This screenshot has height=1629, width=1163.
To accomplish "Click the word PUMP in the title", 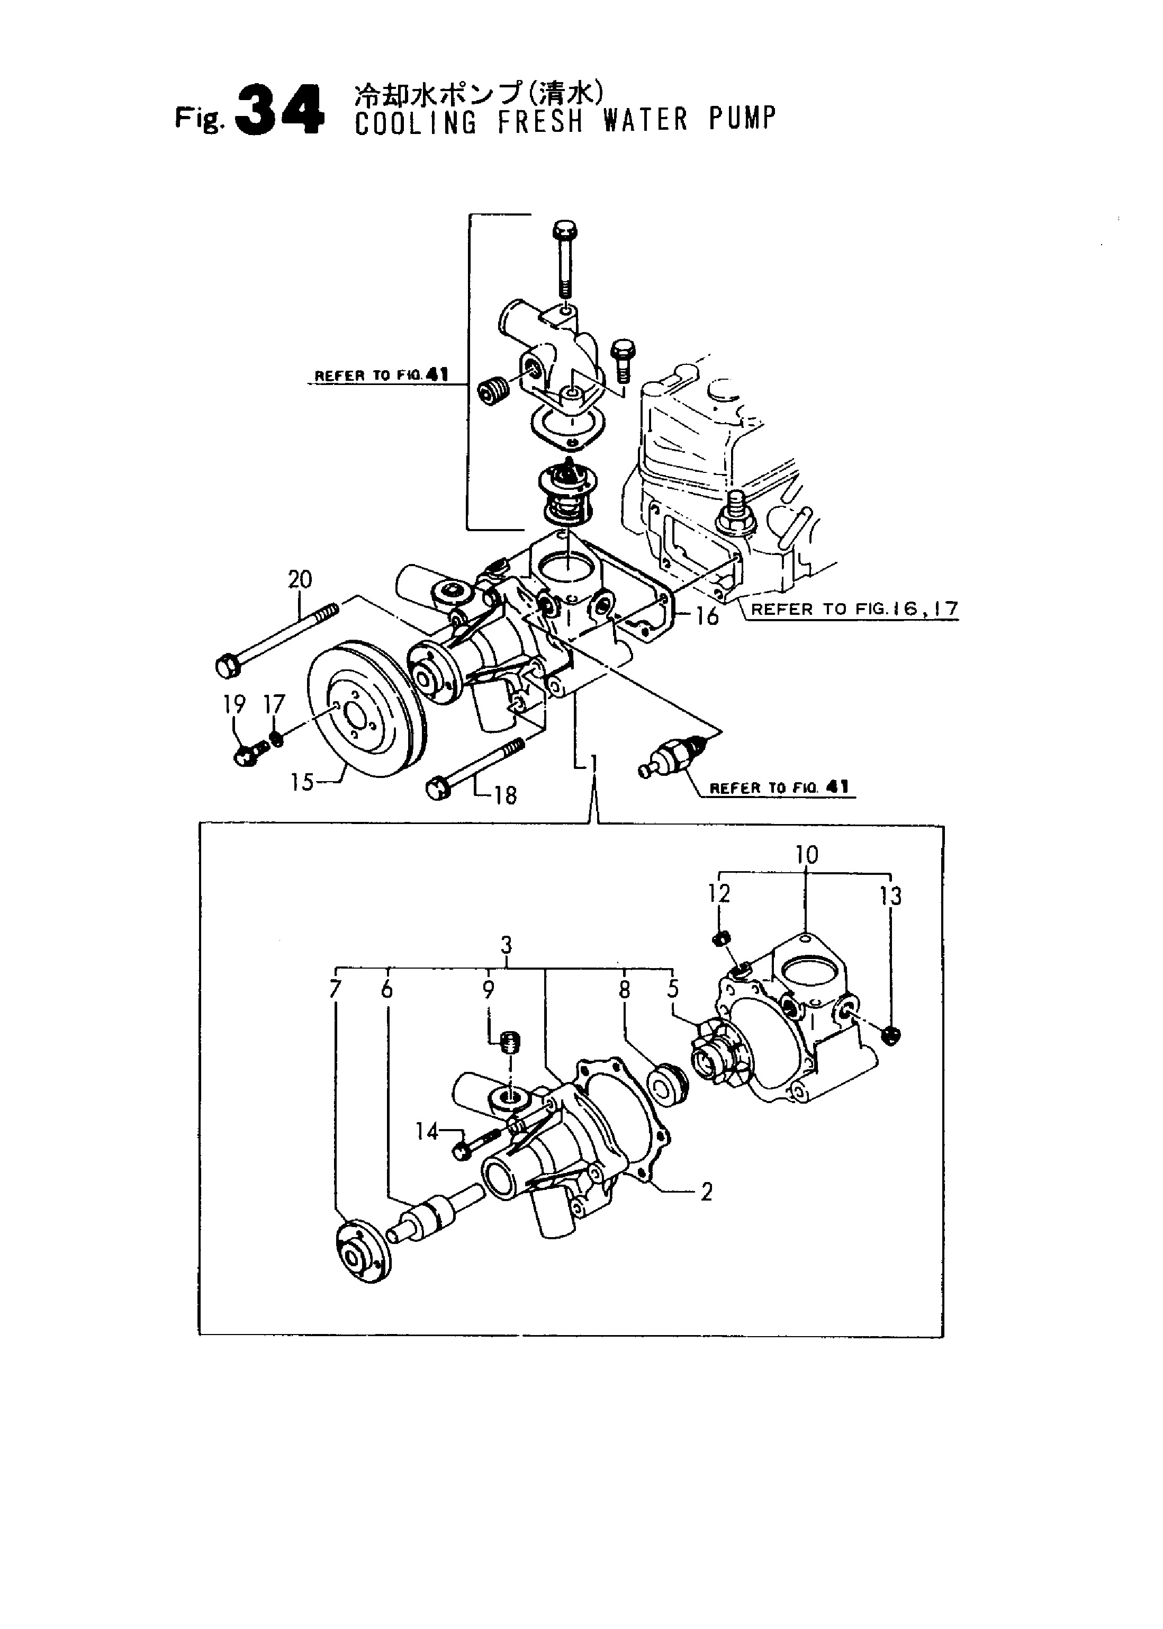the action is coord(742,120).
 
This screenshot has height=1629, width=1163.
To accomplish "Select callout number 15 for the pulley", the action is coord(302,781).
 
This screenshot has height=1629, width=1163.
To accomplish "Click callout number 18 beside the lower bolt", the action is coord(505,795).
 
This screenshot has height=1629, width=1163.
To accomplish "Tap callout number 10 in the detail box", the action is coord(806,855).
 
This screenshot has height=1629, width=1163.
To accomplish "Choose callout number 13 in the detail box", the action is coord(891,896).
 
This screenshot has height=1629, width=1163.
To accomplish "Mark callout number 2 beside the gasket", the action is coord(706,1193).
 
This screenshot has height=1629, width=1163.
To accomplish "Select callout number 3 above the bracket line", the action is coord(506,946).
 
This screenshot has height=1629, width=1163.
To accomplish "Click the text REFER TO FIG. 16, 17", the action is coord(854,610).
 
